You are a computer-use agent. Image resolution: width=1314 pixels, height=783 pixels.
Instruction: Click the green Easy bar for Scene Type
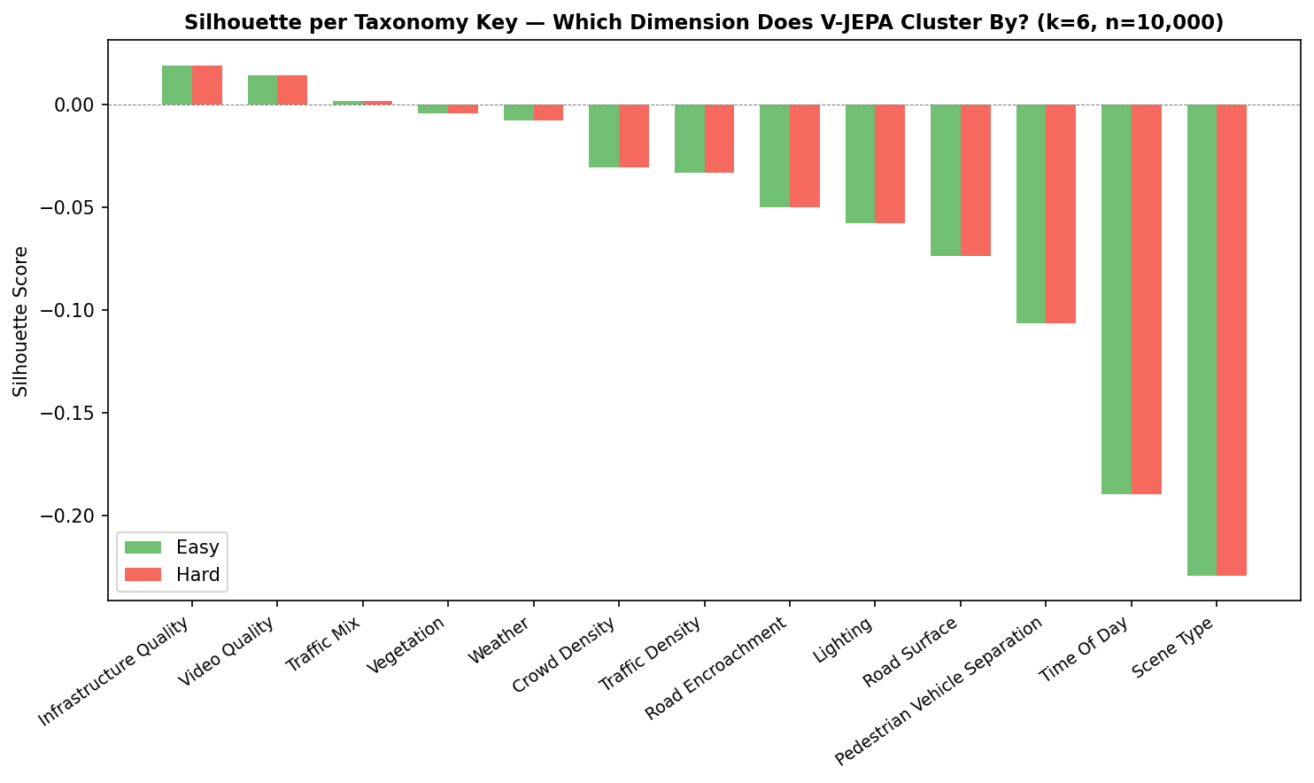coord(1202,340)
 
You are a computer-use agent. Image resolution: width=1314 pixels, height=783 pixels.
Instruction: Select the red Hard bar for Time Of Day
coord(1146,299)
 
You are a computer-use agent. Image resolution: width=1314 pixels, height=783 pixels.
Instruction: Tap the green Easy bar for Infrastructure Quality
coord(177,85)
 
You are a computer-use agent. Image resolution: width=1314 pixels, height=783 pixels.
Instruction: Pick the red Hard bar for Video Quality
coord(292,90)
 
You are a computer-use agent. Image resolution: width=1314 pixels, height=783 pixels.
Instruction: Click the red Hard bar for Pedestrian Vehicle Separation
coord(1061,214)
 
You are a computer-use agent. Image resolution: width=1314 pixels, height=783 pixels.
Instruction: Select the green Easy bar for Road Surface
coord(946,181)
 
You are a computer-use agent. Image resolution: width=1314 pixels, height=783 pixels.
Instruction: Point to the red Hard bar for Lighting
coord(890,164)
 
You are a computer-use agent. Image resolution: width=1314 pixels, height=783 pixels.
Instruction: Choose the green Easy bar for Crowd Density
coord(604,136)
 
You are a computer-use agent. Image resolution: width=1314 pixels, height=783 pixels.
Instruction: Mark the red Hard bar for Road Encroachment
coord(805,156)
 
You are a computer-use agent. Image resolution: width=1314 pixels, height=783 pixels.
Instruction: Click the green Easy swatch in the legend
coord(143,547)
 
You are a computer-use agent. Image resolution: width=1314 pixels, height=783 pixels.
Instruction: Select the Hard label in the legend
coord(197,575)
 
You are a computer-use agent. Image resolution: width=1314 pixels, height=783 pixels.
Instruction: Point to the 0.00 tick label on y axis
coord(76,105)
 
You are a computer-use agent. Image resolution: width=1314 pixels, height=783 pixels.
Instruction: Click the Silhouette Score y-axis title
coord(21,322)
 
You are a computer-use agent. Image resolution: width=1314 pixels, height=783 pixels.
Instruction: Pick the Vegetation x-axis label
coord(407,646)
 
